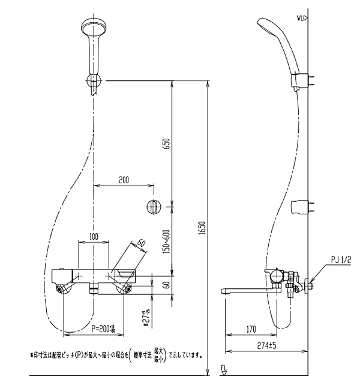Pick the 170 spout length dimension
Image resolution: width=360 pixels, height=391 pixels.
[x=251, y=329]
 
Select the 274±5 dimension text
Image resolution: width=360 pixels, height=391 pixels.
[x=266, y=345]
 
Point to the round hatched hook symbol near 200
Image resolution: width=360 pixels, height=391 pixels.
[x=153, y=207]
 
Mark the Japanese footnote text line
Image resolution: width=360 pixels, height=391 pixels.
[x=117, y=354]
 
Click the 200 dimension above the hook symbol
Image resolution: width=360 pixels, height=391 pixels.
[x=124, y=180]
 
